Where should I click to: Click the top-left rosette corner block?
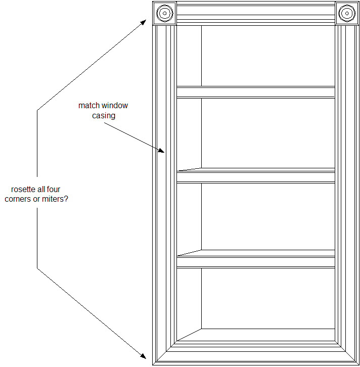point(165,13)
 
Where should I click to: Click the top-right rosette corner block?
point(347,13)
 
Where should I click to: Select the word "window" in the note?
point(115,106)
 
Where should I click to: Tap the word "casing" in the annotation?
point(103,116)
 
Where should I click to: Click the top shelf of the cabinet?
point(255,92)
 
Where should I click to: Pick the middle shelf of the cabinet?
point(255,175)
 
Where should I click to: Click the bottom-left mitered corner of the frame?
point(164,353)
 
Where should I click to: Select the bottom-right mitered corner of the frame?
point(347,353)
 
